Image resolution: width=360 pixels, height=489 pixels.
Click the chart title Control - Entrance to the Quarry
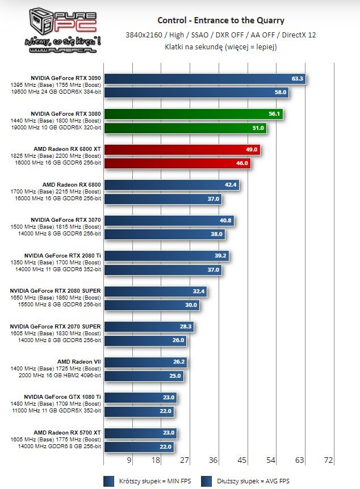(221, 21)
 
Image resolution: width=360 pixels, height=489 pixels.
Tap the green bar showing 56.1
(193, 114)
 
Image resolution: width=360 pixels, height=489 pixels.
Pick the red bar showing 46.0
(177, 163)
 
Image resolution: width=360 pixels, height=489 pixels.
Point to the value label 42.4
(232, 185)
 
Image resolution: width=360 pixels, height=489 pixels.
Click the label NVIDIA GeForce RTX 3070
(66, 220)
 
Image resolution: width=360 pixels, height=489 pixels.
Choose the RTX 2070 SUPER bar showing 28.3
(149, 327)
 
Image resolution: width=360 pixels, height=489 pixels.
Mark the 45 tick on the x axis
(242, 460)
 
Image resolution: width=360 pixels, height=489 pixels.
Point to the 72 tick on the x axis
(328, 460)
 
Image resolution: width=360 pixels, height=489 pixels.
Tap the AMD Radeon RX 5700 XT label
(68, 432)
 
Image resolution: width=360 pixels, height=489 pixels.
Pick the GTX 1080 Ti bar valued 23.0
(141, 398)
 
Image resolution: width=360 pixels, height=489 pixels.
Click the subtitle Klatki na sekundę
(221, 47)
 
